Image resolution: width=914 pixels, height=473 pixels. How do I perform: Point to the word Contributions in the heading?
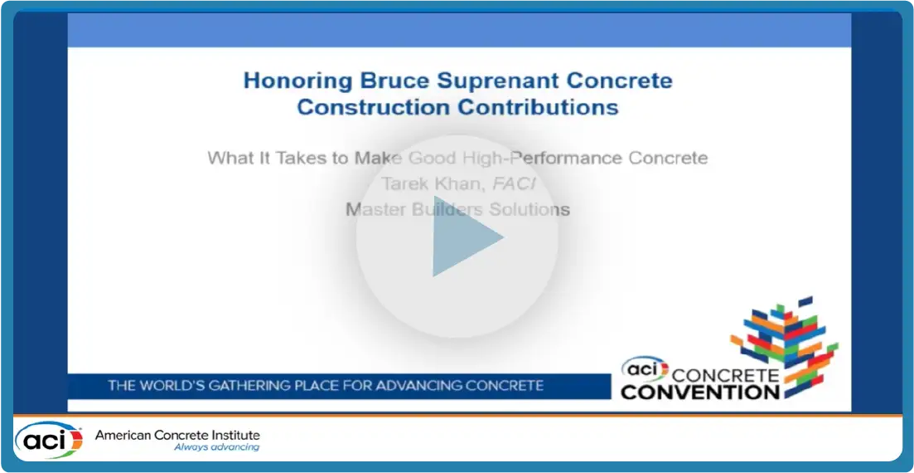[x=537, y=107]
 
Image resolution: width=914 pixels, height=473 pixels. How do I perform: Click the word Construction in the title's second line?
[x=373, y=107]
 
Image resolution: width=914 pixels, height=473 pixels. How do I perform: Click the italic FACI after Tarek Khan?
[x=514, y=183]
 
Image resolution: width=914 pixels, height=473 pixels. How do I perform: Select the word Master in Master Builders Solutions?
[x=371, y=209]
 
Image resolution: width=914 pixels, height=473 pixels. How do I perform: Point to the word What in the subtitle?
[x=227, y=158]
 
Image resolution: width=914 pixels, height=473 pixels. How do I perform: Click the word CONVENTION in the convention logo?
[x=699, y=391]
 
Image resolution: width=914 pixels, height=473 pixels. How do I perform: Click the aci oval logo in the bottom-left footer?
[x=49, y=441]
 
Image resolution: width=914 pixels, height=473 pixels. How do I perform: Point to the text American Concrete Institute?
[x=177, y=435]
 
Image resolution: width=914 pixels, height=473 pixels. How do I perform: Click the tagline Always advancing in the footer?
[x=216, y=448]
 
